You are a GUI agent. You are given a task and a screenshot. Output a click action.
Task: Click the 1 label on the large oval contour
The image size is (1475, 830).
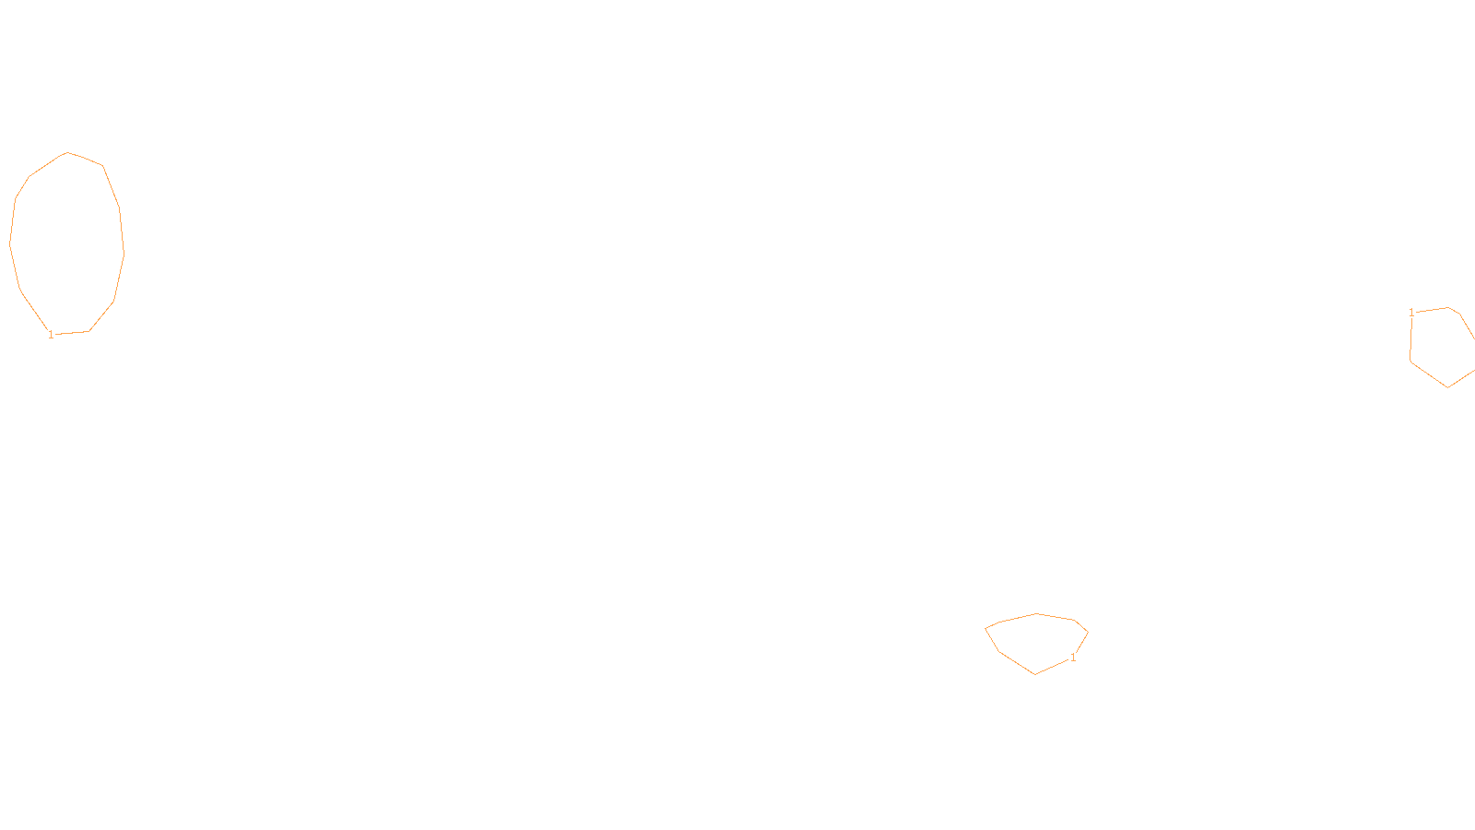point(51,335)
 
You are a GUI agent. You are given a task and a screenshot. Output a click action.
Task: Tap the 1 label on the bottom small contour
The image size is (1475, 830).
point(1072,658)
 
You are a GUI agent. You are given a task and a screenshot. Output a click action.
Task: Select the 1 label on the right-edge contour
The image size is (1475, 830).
point(1411,314)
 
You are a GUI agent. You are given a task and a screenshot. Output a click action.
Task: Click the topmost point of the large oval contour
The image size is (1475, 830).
point(67,152)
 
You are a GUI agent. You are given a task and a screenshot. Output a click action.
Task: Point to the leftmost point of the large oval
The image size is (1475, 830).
point(10,244)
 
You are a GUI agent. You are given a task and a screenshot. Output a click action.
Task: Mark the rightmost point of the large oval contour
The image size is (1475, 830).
point(124,251)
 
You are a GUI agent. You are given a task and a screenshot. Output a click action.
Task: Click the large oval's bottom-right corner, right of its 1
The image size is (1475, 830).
point(89,331)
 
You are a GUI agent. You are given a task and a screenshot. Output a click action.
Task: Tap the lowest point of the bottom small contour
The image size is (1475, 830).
point(1035,674)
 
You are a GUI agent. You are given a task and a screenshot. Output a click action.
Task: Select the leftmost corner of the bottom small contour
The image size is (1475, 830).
point(985,628)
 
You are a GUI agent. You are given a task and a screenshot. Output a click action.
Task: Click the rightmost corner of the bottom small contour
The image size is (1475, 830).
point(1088,633)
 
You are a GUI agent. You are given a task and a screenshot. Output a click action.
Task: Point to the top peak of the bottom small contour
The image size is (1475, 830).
point(1037,613)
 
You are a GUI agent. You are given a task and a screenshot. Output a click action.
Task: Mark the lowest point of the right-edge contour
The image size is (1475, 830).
point(1447,387)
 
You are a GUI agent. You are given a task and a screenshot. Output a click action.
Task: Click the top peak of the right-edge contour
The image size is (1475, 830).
point(1448,307)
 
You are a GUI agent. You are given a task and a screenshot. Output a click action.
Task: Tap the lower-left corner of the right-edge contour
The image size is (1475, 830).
point(1410,362)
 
